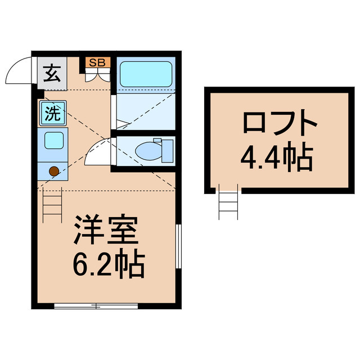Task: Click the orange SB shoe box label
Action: pos(98,62)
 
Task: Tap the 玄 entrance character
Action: pos(52,73)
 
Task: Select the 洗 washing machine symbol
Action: pos(53,113)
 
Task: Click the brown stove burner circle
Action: pos(54,171)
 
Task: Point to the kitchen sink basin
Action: pos(54,141)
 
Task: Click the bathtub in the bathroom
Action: pos(146,74)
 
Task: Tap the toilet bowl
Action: pos(148,151)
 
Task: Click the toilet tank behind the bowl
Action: pos(168,151)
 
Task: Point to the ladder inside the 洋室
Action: pos(52,205)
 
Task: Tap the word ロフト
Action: pos(280,121)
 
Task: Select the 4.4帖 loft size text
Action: pos(277,156)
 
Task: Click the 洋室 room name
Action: pos(106,229)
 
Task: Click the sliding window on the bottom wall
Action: pos(96,306)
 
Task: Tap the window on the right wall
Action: pos(178,246)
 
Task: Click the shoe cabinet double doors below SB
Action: pos(98,75)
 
